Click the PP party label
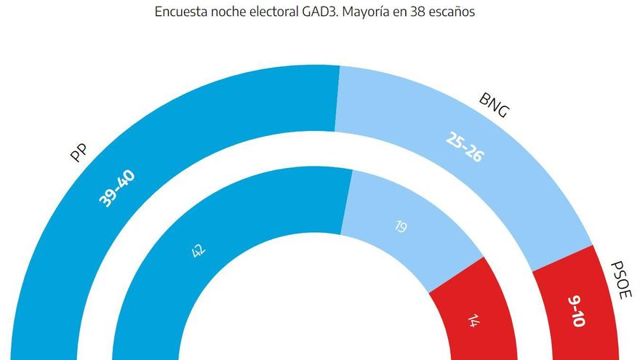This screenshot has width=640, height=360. [79, 154]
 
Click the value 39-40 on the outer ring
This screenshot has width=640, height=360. [117, 188]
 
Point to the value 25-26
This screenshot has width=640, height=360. [464, 145]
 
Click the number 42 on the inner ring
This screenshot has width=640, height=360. [197, 251]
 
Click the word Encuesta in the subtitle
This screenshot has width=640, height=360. [178, 12]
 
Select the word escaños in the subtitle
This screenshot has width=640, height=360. [455, 12]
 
